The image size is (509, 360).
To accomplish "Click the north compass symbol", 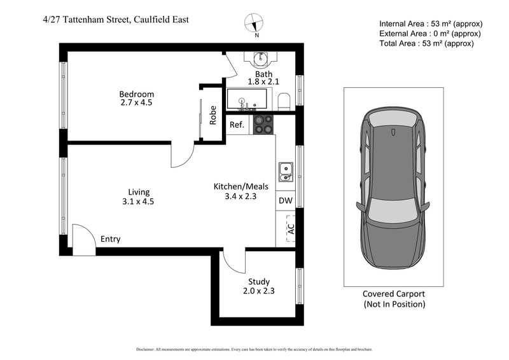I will (x=256, y=24).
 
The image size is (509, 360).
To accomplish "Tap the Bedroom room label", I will (x=136, y=94).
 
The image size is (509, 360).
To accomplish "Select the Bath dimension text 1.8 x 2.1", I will (x=263, y=82).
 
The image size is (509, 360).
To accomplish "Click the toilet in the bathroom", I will (x=284, y=100).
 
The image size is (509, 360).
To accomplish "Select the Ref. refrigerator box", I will (x=237, y=125).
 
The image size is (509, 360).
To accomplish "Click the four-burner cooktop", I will (x=263, y=124).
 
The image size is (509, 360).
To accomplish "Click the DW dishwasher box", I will (x=286, y=201).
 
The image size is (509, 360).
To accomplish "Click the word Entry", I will (x=110, y=239).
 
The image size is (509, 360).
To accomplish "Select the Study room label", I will (x=259, y=282).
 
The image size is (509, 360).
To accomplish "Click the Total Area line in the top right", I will (x=426, y=43).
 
